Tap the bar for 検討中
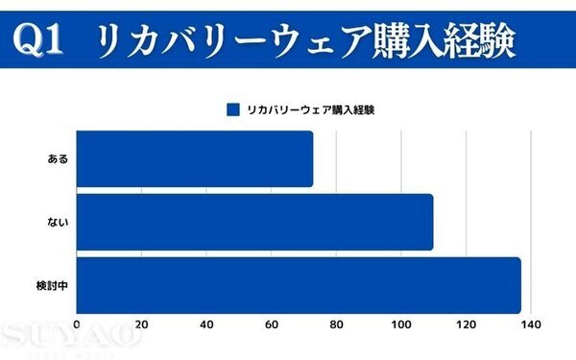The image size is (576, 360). (x=298, y=285)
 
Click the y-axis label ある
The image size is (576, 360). (x=58, y=159)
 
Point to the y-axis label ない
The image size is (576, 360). (x=58, y=222)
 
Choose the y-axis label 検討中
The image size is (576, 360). (x=52, y=285)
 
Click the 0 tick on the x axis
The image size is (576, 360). (x=76, y=325)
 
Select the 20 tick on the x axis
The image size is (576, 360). (x=141, y=325)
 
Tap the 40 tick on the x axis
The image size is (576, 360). (x=206, y=325)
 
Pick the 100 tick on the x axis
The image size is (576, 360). (x=401, y=325)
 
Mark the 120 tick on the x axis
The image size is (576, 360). (x=467, y=325)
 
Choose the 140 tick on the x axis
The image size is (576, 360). (x=532, y=325)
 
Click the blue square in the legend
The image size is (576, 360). (x=231, y=109)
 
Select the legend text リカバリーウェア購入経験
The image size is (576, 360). (x=310, y=109)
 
